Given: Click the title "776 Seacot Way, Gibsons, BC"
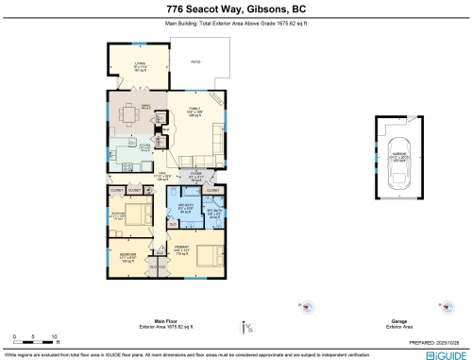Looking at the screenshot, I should tap(236, 8).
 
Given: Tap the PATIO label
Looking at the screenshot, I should tap(197, 61).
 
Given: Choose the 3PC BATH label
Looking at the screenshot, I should tap(212, 212).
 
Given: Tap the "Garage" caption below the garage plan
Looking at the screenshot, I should tap(398, 320).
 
